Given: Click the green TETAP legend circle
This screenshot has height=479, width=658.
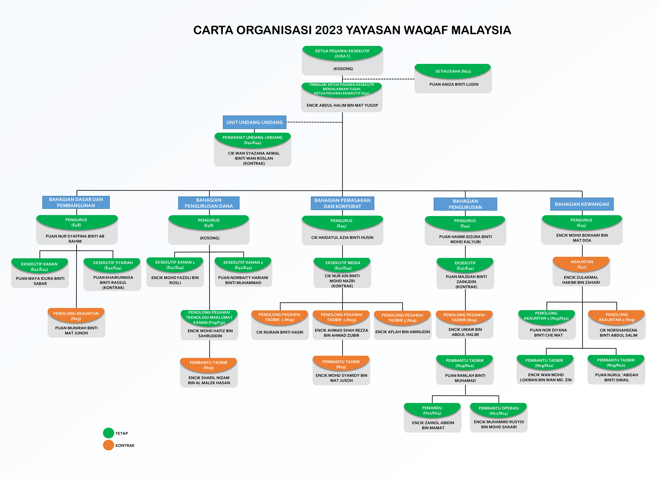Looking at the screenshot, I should point(108,433).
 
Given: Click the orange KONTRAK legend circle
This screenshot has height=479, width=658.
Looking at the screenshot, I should point(108,445).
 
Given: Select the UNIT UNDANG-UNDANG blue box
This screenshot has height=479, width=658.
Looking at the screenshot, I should point(254,122).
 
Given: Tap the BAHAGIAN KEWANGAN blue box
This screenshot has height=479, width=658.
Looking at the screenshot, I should point(582,204).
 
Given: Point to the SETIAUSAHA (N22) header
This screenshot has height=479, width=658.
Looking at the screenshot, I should point(453,71).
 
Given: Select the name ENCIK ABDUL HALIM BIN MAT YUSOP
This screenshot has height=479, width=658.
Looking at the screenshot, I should point(342,105).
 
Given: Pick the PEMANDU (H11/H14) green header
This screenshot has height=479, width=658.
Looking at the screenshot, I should point(432,410).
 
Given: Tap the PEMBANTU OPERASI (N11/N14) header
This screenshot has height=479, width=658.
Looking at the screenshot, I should point(498,410).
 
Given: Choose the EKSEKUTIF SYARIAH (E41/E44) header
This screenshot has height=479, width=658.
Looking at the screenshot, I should point(113,265).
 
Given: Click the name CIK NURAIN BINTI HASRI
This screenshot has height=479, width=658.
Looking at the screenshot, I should point(280,332).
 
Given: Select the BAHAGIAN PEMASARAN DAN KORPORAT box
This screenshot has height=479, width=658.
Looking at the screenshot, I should point(342,203).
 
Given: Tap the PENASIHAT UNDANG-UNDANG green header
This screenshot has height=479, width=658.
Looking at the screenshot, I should point(252,140).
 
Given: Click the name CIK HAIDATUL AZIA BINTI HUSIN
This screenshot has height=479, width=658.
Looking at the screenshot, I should point(342,237).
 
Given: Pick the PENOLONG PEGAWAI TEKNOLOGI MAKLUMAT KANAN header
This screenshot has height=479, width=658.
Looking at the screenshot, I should point(209,317).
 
